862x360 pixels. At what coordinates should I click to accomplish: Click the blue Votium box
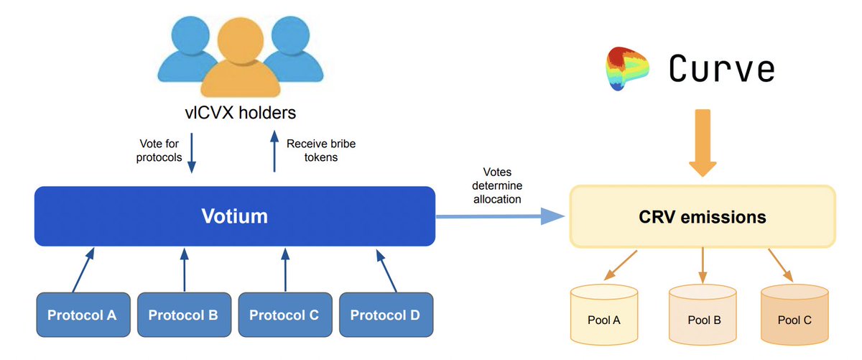tap(234, 216)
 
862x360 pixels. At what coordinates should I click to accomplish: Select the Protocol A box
tap(82, 315)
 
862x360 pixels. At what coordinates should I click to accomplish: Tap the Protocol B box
tap(183, 315)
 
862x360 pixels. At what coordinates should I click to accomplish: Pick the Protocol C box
tap(284, 315)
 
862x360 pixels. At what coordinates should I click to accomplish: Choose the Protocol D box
tap(386, 315)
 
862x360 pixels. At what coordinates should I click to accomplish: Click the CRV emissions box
tap(703, 216)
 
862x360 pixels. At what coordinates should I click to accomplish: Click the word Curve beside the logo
tap(722, 69)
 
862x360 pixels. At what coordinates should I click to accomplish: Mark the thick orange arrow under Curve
tap(703, 144)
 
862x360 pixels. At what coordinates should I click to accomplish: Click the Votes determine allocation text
tap(496, 185)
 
